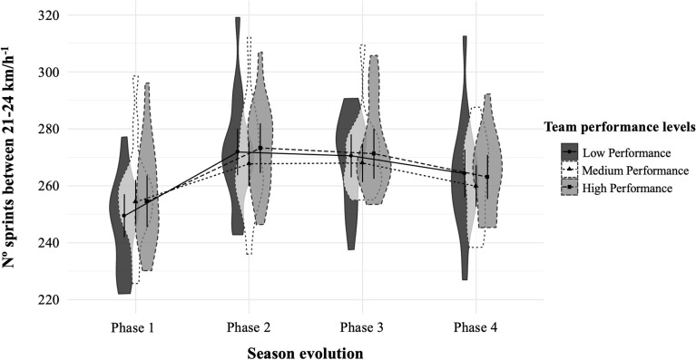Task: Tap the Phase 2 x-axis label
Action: coord(248,325)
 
